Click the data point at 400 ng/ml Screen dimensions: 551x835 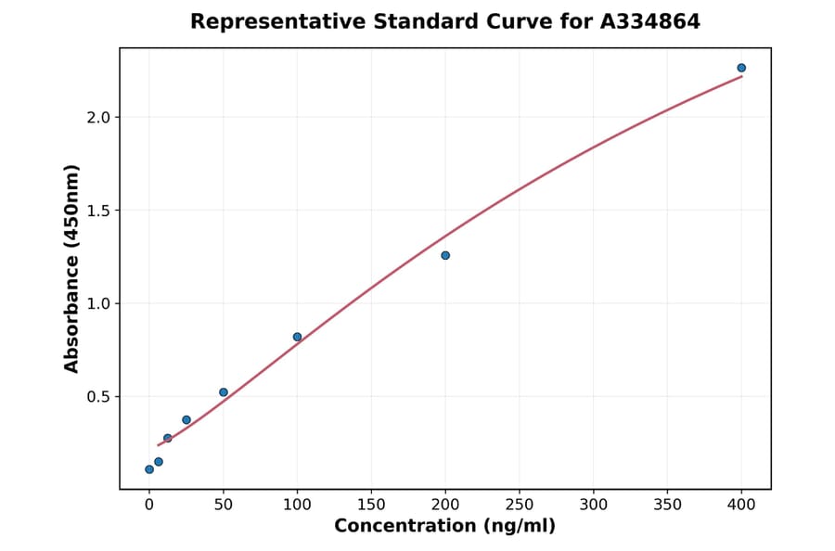(741, 68)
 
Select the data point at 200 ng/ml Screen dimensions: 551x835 (445, 255)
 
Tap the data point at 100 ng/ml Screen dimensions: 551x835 (297, 337)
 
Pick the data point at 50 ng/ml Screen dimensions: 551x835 (224, 392)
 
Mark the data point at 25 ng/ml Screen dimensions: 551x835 (186, 420)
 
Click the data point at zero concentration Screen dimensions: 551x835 (149, 469)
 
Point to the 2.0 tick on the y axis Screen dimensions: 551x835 (98, 118)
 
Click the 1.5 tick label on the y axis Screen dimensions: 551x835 (98, 211)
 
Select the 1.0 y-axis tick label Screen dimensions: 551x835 (98, 303)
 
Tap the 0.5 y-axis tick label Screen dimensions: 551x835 (98, 397)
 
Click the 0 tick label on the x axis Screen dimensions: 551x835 (149, 506)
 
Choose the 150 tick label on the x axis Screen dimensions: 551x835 (371, 506)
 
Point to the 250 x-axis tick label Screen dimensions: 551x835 (520, 506)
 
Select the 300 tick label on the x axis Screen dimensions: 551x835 (594, 506)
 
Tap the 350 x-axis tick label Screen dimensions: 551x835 (668, 506)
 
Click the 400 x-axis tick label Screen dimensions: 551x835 (742, 506)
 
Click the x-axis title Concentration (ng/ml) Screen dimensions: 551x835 (445, 527)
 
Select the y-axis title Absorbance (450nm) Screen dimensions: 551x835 (72, 269)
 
